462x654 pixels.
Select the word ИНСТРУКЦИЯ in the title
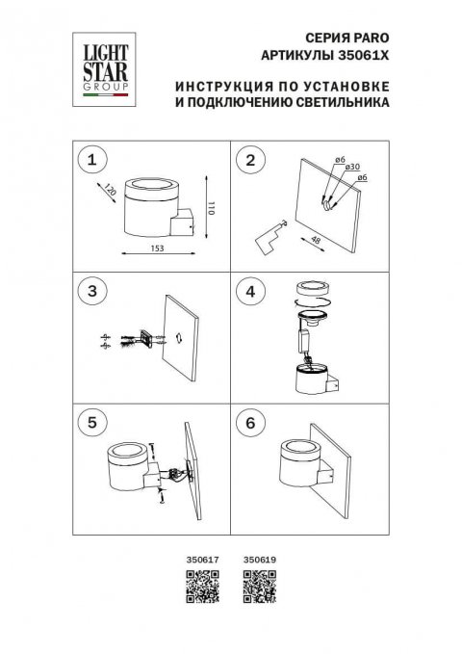(x=218, y=86)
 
